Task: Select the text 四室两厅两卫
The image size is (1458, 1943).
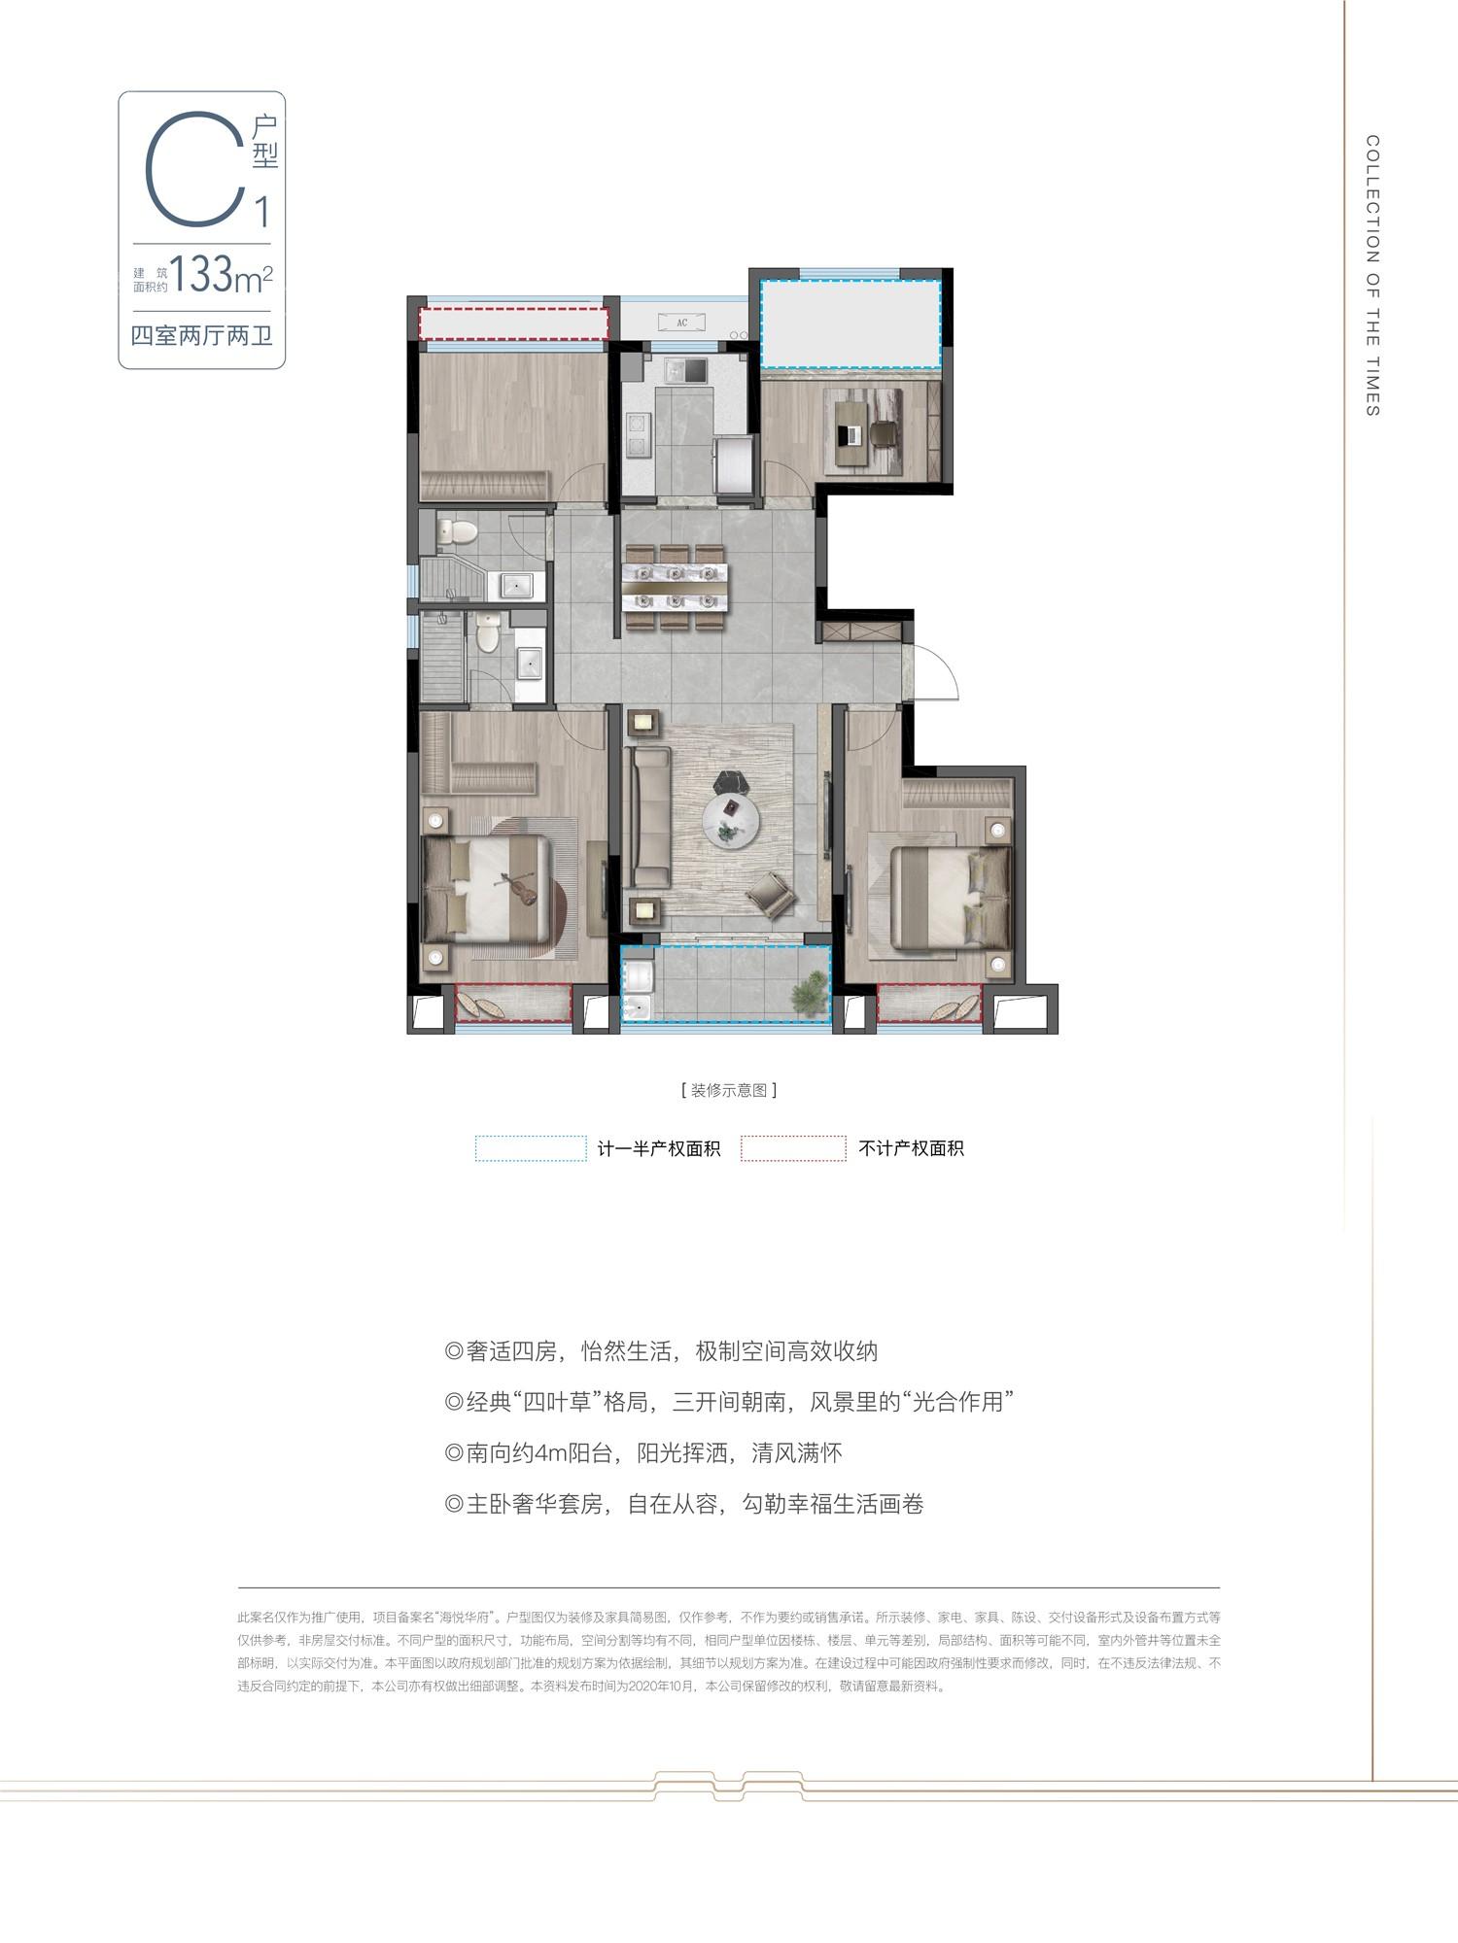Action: click(201, 336)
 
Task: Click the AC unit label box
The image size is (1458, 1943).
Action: click(681, 323)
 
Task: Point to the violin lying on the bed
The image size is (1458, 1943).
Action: click(516, 888)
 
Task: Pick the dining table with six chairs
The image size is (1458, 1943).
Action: click(675, 589)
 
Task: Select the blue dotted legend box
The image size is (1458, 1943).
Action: click(531, 1148)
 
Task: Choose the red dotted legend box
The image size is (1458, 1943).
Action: click(793, 1148)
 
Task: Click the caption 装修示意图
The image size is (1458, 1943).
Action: click(729, 1090)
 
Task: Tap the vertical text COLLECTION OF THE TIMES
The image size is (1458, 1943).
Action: click(1372, 276)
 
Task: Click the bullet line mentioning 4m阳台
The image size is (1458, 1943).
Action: click(642, 1453)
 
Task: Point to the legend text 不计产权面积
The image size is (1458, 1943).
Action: click(911, 1148)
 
